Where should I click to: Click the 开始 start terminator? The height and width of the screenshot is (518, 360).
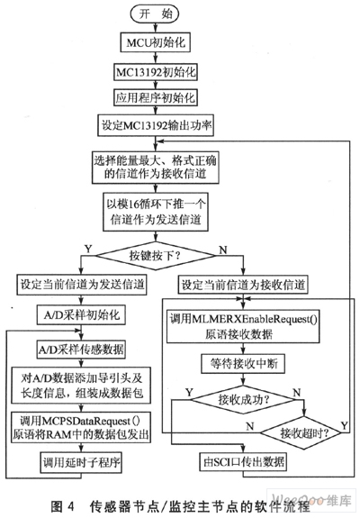tap(155, 14)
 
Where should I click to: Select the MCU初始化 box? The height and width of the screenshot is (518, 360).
tap(156, 42)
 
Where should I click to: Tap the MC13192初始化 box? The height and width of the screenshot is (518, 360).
tap(156, 72)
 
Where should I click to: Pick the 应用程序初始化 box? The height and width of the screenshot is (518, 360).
tap(156, 97)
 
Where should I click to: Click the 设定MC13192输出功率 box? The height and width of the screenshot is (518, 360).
tap(156, 125)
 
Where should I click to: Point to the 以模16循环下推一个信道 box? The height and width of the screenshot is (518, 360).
tap(156, 212)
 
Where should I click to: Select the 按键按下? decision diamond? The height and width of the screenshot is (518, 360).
tap(156, 255)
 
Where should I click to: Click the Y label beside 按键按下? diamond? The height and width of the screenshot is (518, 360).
tap(88, 249)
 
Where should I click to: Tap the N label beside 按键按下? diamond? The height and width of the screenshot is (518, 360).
tap(223, 250)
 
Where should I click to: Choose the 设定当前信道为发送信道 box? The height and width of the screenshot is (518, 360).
tap(82, 285)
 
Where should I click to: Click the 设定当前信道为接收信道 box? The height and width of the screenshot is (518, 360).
tap(243, 285)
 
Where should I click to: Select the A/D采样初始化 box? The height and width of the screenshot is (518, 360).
tap(81, 314)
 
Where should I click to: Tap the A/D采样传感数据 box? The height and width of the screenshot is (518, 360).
tap(81, 350)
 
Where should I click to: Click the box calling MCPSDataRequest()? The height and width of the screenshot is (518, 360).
tap(81, 427)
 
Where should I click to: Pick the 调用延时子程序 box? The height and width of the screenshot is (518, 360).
tap(81, 461)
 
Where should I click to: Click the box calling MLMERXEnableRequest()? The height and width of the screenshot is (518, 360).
tap(243, 326)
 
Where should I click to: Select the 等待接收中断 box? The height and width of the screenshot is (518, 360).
tap(244, 364)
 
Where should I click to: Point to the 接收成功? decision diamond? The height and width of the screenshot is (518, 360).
tap(244, 400)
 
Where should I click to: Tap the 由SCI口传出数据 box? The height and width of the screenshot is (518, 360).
tap(243, 461)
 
